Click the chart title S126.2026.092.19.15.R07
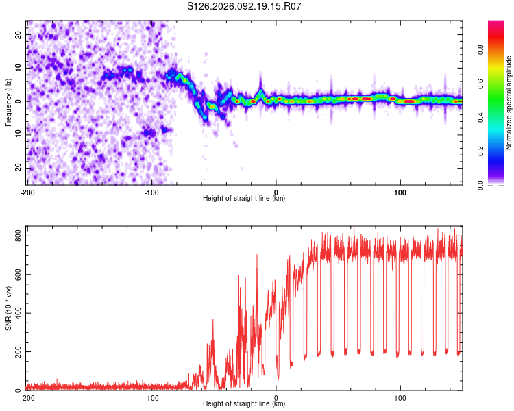pos(245,7)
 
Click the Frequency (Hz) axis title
pos(8,101)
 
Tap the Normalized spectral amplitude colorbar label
pos(509,103)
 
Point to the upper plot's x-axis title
pos(244,198)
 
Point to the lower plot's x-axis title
pos(244,403)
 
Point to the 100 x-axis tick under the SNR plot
pos(400,397)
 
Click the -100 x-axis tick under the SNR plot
pos(151,397)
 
